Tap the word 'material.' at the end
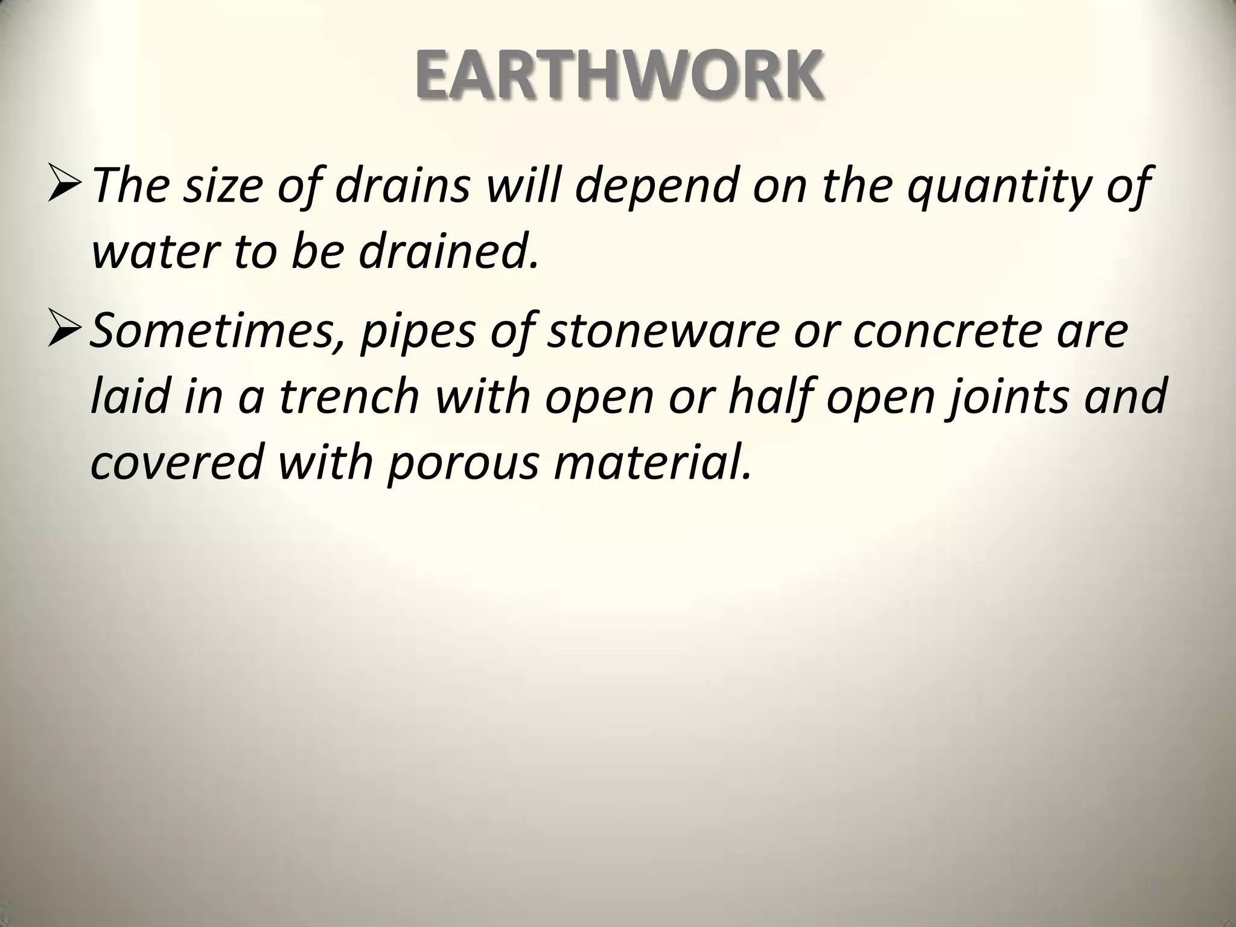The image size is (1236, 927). (653, 462)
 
